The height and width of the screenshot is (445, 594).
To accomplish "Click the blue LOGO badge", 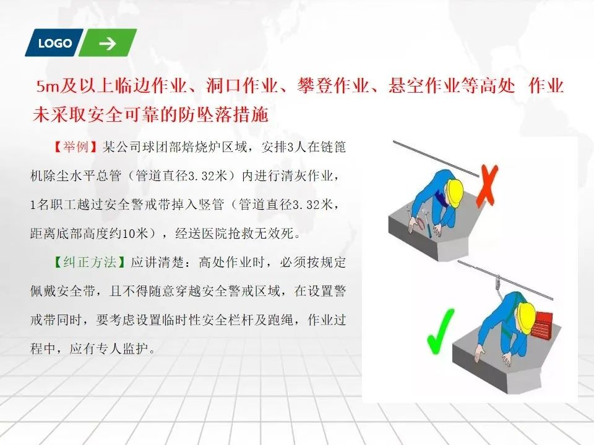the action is tap(54, 43).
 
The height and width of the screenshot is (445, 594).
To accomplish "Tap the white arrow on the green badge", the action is tap(108, 43).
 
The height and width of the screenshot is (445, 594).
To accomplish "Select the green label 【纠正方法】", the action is tap(89, 262).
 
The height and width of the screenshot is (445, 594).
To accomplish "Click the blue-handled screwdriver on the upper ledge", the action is tap(428, 225).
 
